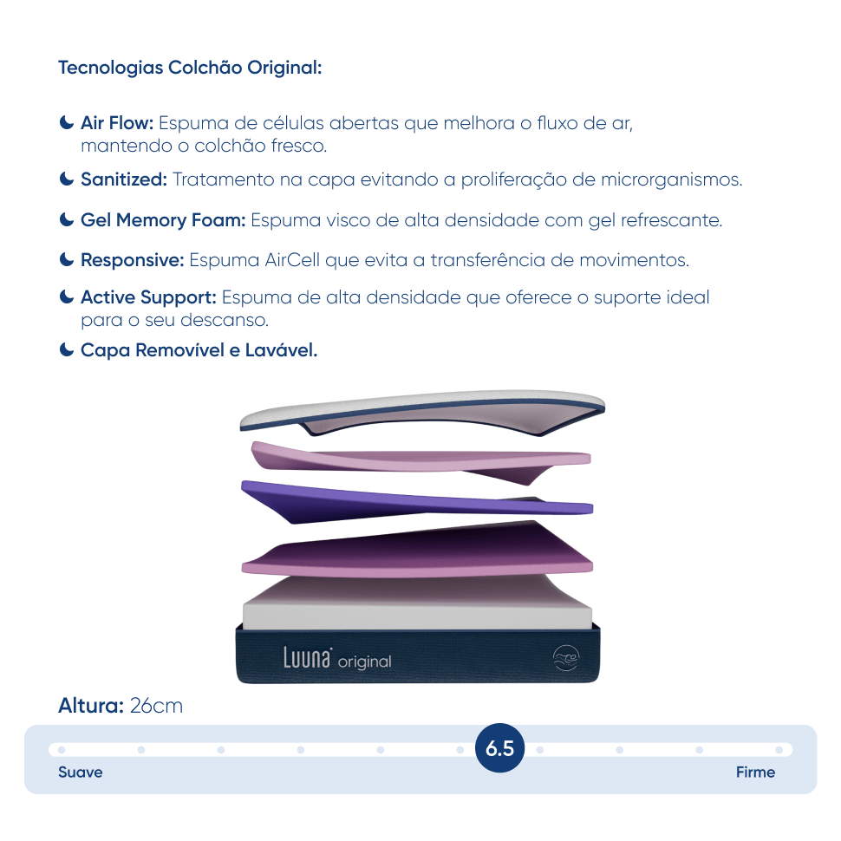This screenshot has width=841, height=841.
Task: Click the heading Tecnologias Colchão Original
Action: [190, 68]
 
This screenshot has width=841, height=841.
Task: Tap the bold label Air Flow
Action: [117, 123]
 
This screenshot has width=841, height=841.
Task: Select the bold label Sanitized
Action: [124, 179]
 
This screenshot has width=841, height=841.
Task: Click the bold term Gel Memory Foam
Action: [163, 220]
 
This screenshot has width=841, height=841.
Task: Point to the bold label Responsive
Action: [133, 260]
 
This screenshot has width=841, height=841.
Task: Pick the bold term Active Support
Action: [148, 297]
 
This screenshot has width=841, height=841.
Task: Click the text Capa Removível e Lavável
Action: [199, 350]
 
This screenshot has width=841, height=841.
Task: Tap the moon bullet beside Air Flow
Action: [67, 122]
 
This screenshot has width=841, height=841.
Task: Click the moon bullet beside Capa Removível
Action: [67, 349]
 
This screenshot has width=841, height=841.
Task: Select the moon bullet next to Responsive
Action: [67, 259]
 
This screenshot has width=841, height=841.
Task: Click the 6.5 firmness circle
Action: [500, 748]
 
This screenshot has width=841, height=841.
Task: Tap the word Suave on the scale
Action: [81, 773]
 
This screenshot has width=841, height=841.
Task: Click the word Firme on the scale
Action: [755, 773]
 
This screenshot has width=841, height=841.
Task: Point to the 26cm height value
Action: [156, 706]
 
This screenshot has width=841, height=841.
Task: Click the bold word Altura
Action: [91, 706]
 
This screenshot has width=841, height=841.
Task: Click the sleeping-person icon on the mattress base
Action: [566, 658]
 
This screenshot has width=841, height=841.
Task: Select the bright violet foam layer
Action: [417, 501]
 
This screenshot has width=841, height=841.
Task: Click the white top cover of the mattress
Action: [422, 412]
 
